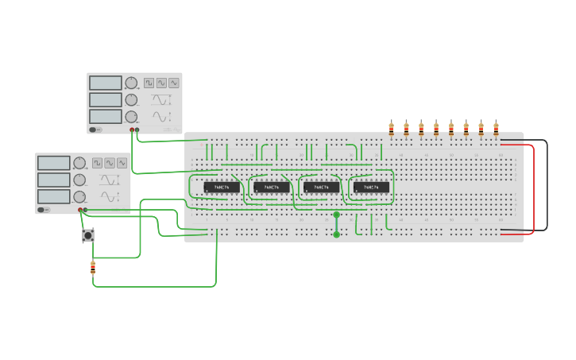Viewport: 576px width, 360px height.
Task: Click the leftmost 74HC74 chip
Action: pyautogui.click(x=222, y=188)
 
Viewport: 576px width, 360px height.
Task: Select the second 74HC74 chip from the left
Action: pyautogui.click(x=272, y=188)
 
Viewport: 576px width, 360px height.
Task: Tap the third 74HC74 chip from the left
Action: pyautogui.click(x=321, y=188)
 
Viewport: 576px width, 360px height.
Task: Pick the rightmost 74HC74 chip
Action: pyautogui.click(x=371, y=188)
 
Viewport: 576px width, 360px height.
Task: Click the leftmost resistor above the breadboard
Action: pyautogui.click(x=391, y=128)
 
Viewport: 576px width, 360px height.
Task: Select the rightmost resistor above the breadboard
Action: pyautogui.click(x=496, y=128)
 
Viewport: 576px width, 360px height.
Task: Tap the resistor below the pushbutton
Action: pyautogui.click(x=93, y=268)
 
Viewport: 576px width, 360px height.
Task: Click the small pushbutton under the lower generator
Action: pyautogui.click(x=88, y=235)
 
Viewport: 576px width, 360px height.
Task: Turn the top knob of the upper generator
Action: pyautogui.click(x=131, y=83)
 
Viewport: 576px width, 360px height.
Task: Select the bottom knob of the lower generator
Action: pyautogui.click(x=79, y=196)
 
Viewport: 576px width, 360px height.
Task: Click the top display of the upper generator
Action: pyautogui.click(x=106, y=83)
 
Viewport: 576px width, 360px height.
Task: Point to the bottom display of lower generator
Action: pyautogui.click(x=54, y=196)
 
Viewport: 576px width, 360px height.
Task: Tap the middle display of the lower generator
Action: pyautogui.click(x=54, y=180)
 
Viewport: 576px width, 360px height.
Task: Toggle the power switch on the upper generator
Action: pyautogui.click(x=94, y=130)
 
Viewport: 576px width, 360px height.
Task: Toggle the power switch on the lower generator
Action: pyautogui.click(x=42, y=210)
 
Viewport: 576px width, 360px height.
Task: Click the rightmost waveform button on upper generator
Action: pyautogui.click(x=173, y=83)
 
